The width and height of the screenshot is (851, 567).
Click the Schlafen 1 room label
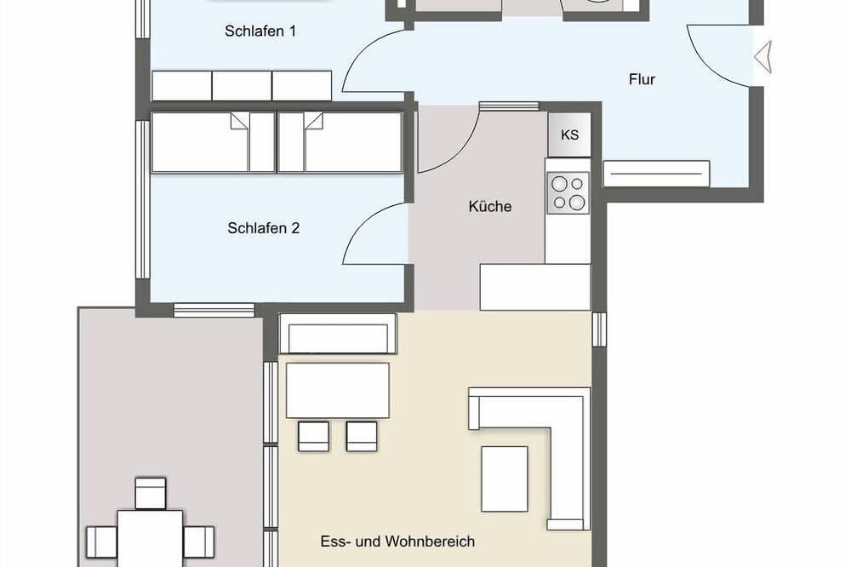pyautogui.click(x=260, y=31)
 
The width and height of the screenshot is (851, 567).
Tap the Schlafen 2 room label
pyautogui.click(x=263, y=228)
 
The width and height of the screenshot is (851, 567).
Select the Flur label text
pyautogui.click(x=642, y=79)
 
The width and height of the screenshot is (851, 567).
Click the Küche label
pyautogui.click(x=489, y=206)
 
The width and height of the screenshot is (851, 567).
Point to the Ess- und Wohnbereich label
pyautogui.click(x=397, y=541)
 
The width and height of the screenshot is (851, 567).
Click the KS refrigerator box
pyautogui.click(x=569, y=135)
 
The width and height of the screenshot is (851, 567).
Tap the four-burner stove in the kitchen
pyautogui.click(x=568, y=192)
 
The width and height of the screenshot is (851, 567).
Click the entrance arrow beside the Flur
pyautogui.click(x=763, y=57)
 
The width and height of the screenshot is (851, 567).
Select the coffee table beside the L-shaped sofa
pyautogui.click(x=504, y=478)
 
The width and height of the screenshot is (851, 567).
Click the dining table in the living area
pyautogui.click(x=337, y=390)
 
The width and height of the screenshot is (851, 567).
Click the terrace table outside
pyautogui.click(x=151, y=536)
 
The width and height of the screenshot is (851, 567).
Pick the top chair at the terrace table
pyautogui.click(x=151, y=493)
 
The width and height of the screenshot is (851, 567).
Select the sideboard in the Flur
pyautogui.click(x=656, y=174)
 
